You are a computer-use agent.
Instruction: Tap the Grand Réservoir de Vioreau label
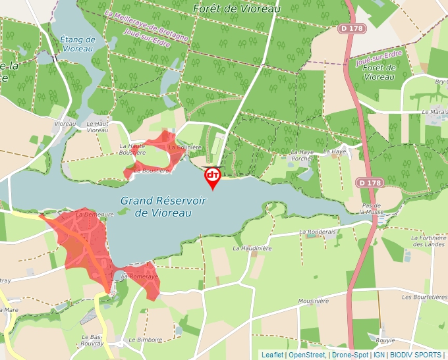pos(163,207)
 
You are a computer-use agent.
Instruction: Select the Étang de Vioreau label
pos(78,44)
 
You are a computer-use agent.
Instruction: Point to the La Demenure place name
pos(95,214)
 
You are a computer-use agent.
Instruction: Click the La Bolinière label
pos(184,147)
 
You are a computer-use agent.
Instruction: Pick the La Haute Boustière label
pos(132,149)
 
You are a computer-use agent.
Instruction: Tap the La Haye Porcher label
pos(302,155)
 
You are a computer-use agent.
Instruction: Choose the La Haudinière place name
pos(252,248)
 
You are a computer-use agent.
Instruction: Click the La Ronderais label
pos(318,232)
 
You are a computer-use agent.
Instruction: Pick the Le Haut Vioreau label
pos(98,127)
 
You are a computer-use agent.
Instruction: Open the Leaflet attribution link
pos(272,355)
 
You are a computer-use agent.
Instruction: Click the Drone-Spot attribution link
pos(350,355)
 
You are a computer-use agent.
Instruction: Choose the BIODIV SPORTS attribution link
pos(416,355)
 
